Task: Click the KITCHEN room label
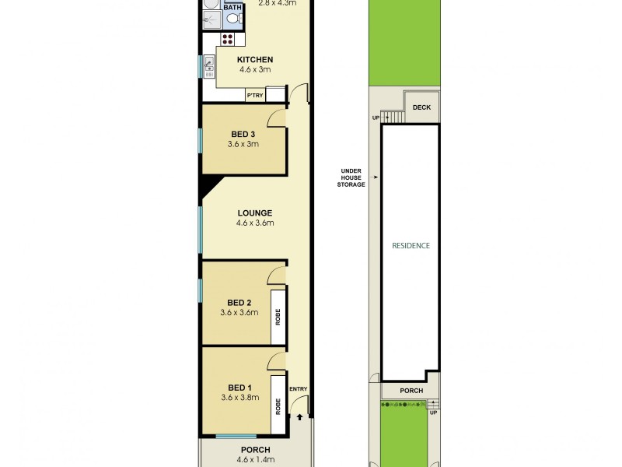click(255, 60)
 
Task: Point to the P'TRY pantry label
click(254, 96)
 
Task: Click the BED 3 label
click(243, 134)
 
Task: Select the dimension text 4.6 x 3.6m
click(255, 223)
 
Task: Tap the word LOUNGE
click(255, 212)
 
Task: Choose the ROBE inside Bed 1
click(278, 405)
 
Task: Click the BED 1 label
click(239, 388)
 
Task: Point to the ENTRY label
click(299, 389)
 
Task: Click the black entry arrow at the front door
click(299, 417)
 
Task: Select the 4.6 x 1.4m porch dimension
click(255, 460)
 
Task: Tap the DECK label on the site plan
click(422, 108)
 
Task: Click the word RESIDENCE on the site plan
click(410, 245)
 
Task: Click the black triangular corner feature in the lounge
click(208, 184)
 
